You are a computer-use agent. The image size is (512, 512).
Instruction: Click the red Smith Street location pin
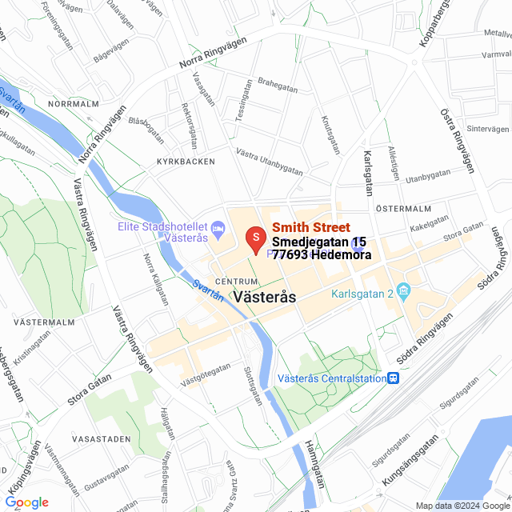click(x=255, y=240)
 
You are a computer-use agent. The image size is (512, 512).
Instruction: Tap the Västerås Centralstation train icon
click(x=394, y=378)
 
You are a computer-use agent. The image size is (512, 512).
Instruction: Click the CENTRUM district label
click(x=237, y=282)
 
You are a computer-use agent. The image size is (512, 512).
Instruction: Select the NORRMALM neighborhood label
click(x=73, y=104)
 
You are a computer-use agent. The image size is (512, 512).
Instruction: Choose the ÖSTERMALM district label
click(x=404, y=209)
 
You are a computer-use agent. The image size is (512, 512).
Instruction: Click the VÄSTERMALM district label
click(x=45, y=322)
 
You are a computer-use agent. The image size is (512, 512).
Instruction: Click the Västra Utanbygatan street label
click(x=270, y=161)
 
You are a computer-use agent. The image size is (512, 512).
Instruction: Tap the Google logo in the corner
click(x=26, y=502)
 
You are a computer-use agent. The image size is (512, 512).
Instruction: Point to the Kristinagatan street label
click(x=31, y=358)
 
